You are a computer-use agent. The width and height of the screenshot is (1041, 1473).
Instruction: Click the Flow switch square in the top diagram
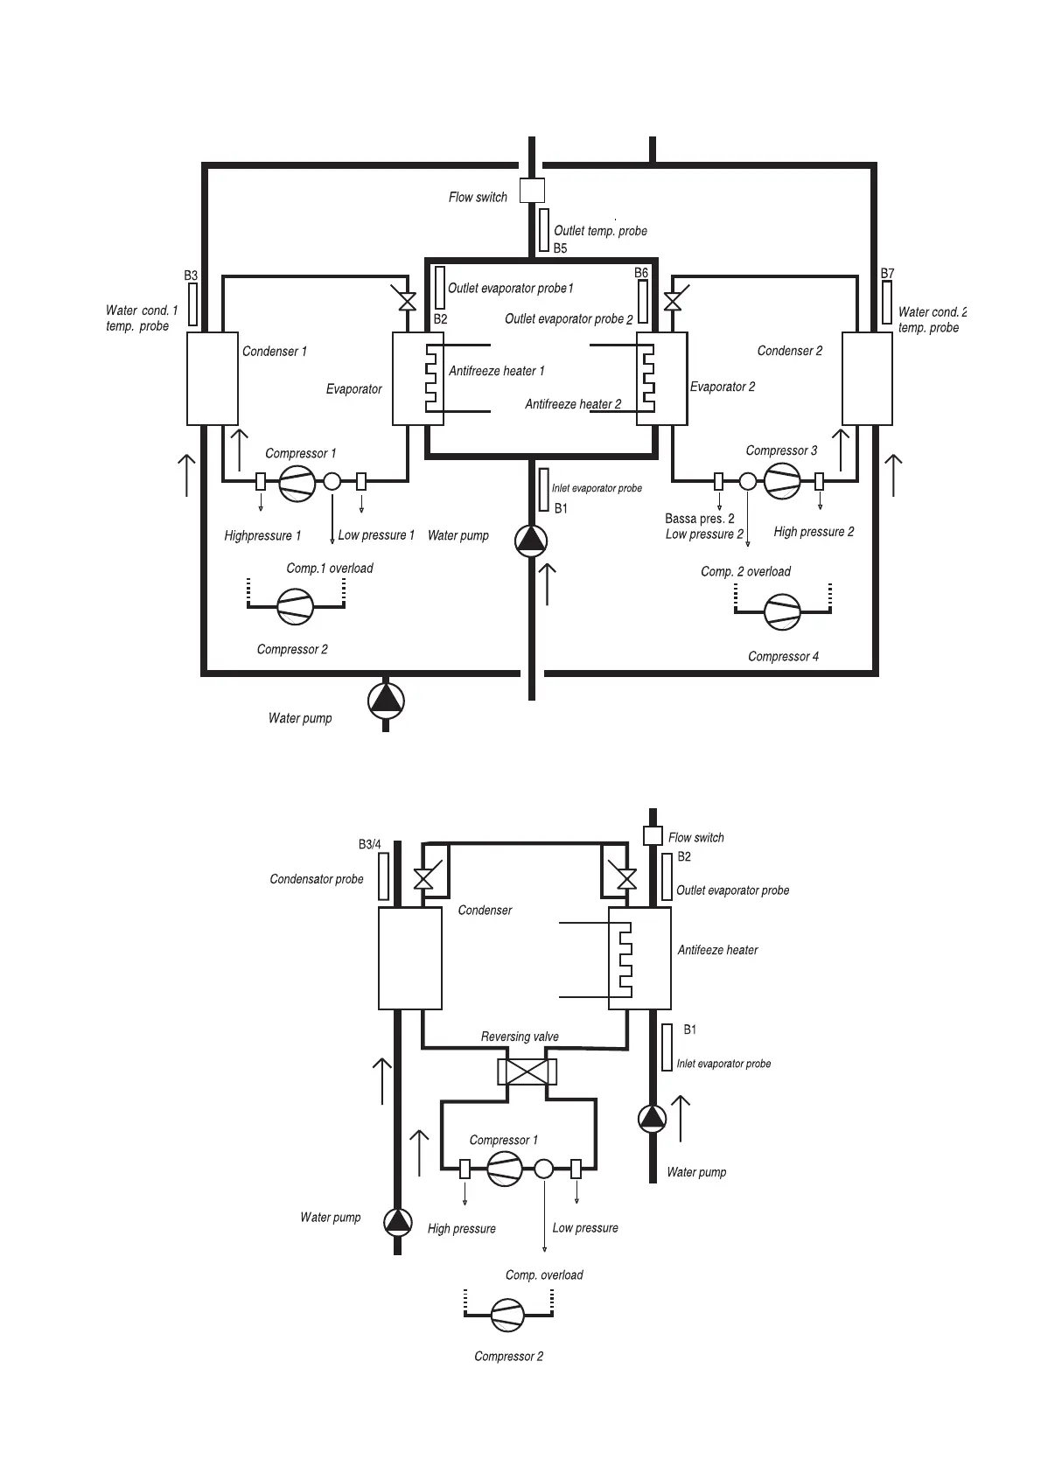pos(532,190)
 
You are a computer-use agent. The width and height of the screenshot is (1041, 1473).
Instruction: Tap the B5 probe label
pos(561,248)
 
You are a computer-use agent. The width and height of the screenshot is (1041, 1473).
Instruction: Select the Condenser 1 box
pos(213,379)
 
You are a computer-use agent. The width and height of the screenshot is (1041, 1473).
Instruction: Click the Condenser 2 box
pos(867,379)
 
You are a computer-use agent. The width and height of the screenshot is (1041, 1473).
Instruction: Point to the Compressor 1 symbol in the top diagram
pos(297,483)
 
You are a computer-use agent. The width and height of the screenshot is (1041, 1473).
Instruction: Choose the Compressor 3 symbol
pos(781,481)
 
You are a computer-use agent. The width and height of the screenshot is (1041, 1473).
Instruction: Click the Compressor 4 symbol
pos(781,611)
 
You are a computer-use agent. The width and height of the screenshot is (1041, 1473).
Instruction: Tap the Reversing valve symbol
pos(527,1072)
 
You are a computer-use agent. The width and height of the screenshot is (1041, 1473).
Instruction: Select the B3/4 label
pos(370,844)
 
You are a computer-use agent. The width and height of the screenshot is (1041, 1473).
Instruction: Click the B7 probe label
pos(887,274)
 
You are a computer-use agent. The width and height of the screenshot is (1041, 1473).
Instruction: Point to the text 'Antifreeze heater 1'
pos(496,371)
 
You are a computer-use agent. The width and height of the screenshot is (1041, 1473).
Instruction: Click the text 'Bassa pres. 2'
pos(700,519)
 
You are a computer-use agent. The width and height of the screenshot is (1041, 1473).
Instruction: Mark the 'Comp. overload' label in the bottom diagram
pos(544,1274)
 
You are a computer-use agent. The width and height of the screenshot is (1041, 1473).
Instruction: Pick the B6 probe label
pos(641,273)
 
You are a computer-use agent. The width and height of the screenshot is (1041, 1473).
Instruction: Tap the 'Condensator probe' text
pos(317,879)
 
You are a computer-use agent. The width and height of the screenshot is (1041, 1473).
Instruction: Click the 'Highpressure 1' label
pos(262,535)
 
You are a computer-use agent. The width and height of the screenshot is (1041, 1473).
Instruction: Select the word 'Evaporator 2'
pos(723,387)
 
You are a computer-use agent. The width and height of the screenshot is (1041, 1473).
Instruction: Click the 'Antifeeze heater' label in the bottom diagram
pos(717,950)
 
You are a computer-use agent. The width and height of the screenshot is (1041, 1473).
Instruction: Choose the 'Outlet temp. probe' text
pos(600,231)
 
